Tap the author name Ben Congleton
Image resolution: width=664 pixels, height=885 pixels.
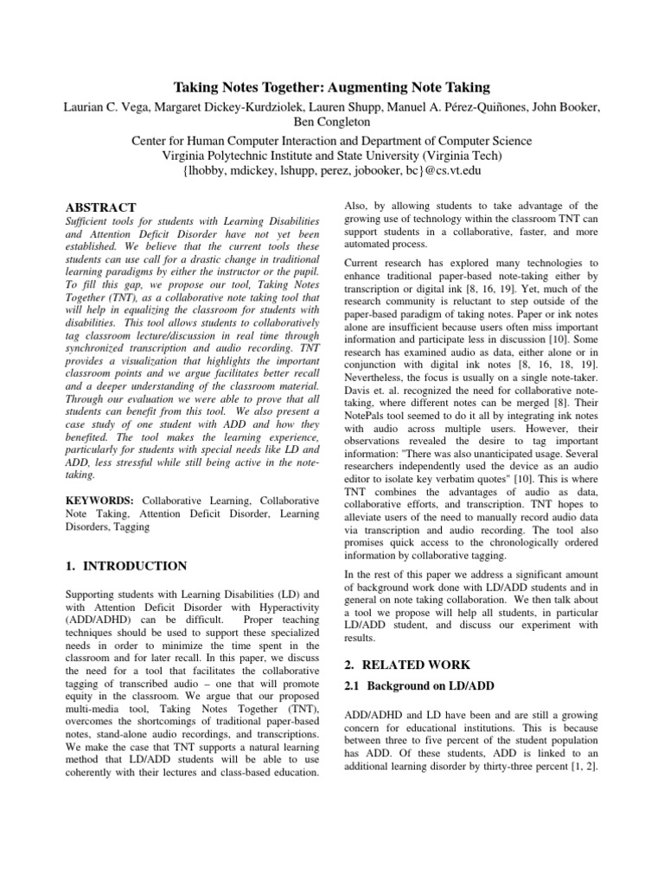click(x=332, y=123)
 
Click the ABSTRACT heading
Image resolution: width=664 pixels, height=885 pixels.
click(x=101, y=207)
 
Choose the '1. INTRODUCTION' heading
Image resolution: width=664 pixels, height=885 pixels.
click(x=126, y=566)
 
